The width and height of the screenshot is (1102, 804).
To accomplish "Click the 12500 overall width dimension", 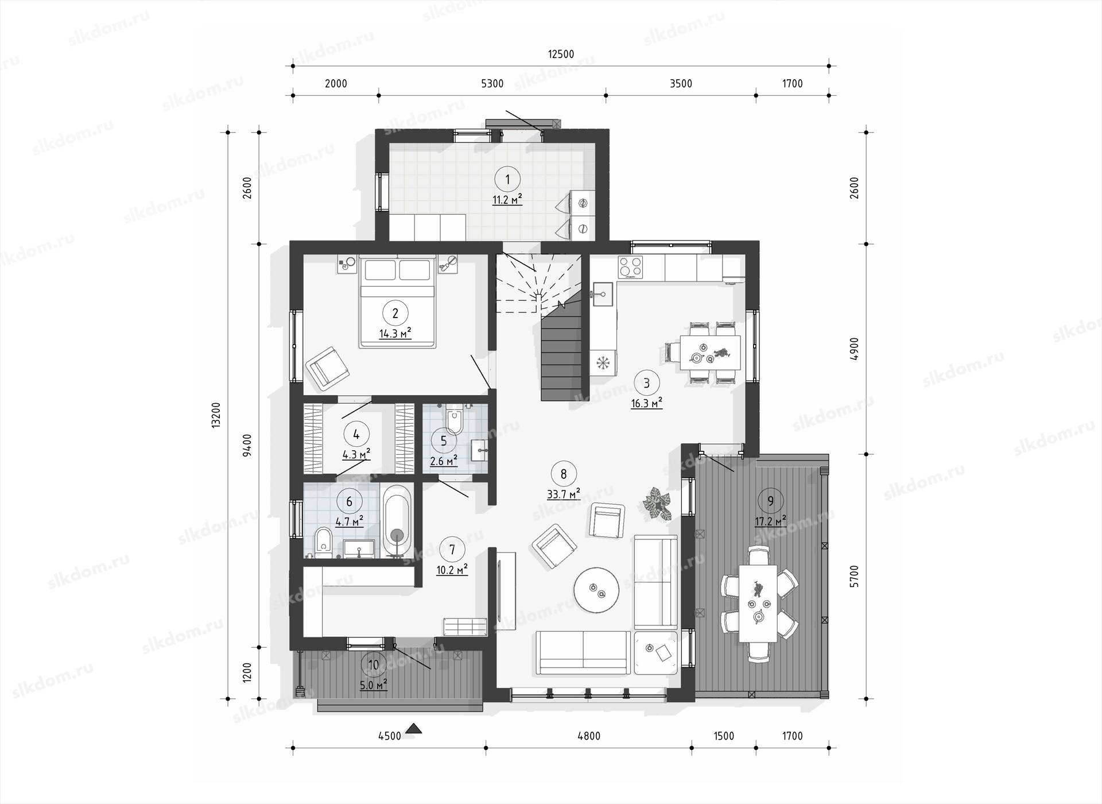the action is pos(561,55).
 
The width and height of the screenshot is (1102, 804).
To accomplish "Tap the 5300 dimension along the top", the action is pos(492,84).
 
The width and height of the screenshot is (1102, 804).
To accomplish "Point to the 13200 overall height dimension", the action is pos(216,415).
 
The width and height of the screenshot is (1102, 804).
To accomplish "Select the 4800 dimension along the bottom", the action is pos(589,736).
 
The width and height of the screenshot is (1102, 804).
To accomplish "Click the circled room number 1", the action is pos(507,180).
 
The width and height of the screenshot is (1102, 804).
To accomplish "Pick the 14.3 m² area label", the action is pos(395,333).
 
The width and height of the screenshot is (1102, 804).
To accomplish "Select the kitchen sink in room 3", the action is pos(603,295).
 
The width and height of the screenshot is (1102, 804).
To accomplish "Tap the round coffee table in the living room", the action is pos(596,590).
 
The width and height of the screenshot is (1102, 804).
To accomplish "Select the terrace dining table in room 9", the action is pos(758,603).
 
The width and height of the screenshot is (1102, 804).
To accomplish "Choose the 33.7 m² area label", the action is pos(563,494).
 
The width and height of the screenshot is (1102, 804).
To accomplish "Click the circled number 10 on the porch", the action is pos(374,665).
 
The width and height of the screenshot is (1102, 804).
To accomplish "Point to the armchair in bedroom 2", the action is pos(328,368).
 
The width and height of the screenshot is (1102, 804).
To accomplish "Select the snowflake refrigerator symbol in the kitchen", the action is pos(603,362).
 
